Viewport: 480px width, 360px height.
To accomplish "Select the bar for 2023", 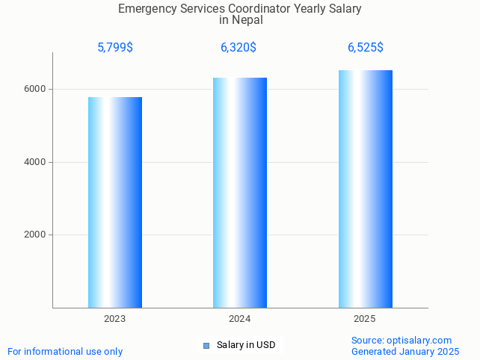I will click(x=115, y=202).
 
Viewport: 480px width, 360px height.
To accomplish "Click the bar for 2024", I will click(x=240, y=192).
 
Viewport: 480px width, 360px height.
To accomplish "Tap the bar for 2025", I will click(x=365, y=188).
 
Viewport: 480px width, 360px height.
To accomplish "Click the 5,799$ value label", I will click(x=115, y=48).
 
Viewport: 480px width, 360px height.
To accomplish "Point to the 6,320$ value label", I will click(x=239, y=48).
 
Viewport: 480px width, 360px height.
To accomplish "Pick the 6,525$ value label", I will click(x=366, y=48).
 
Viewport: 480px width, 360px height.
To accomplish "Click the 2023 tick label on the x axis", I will click(x=115, y=319).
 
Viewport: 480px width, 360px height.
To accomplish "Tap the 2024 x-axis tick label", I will click(x=240, y=319).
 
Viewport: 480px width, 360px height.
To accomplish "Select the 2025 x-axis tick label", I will click(x=365, y=319).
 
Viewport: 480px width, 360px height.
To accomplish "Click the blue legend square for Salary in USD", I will click(x=206, y=345).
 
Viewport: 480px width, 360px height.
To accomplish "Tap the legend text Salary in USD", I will click(x=246, y=345).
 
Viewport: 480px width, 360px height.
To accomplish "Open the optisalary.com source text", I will click(x=401, y=341).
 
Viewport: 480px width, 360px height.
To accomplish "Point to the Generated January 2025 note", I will click(x=405, y=352).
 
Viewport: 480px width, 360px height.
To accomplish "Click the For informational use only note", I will click(x=65, y=352).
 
